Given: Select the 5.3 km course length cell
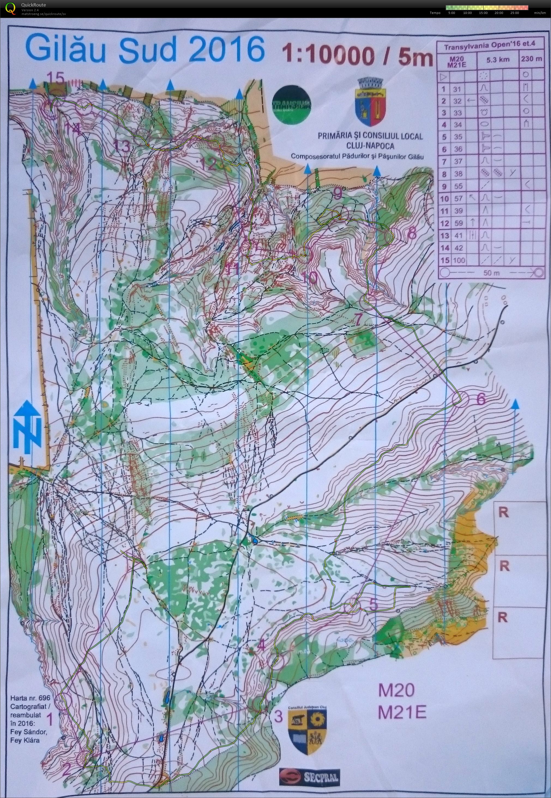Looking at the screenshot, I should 498,59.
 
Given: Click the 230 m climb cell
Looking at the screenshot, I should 531,59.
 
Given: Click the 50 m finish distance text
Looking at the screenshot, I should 492,273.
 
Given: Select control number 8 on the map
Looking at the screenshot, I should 412,234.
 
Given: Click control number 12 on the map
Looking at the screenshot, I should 209,164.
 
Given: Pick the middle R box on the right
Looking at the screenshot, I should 504,566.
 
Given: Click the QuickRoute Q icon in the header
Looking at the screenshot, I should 11,8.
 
